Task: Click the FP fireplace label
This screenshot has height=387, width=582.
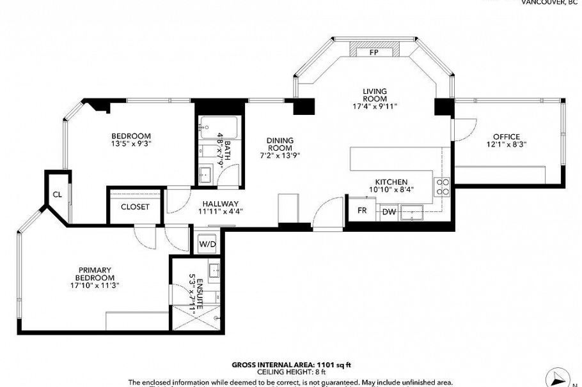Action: click(x=374, y=53)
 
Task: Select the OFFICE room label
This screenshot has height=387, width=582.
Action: click(x=506, y=136)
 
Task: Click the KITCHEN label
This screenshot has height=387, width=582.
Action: click(x=391, y=182)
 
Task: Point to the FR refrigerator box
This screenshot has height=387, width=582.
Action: click(x=362, y=210)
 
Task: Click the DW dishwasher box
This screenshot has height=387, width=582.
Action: click(x=389, y=211)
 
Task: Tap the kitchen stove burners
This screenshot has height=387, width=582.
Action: click(x=442, y=186)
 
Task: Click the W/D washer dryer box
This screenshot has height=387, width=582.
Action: click(x=207, y=244)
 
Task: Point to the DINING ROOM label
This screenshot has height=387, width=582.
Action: click(x=280, y=144)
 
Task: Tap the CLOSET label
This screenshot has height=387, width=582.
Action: click(x=135, y=207)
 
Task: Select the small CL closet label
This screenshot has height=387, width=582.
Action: click(x=57, y=195)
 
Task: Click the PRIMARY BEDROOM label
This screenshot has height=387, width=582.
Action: click(x=96, y=274)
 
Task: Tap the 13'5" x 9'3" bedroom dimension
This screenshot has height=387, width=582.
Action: click(x=130, y=144)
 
